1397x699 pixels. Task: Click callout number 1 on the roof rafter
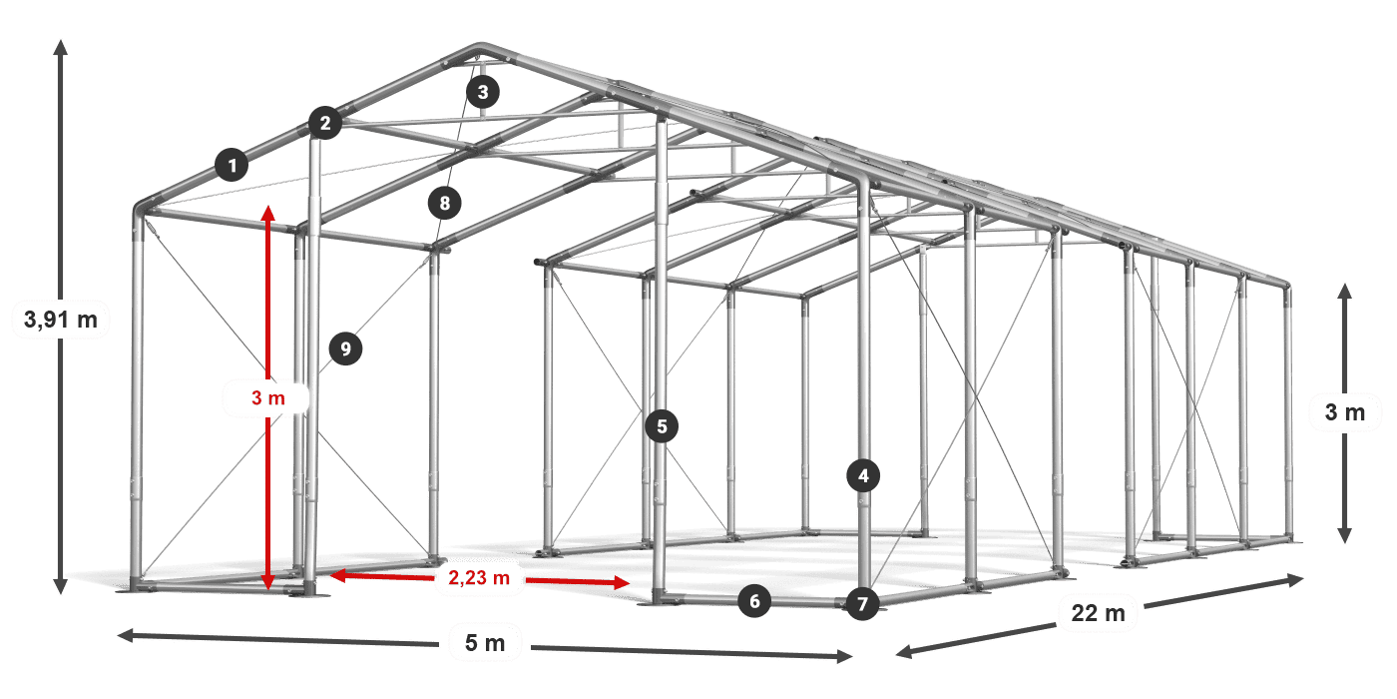232,165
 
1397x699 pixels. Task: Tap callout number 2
325,123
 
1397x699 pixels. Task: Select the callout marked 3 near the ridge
483,92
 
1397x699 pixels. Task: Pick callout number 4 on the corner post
863,475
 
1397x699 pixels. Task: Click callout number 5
662,426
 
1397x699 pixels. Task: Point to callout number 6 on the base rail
754,601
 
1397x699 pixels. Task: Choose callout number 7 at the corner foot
862,603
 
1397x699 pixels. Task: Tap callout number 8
445,203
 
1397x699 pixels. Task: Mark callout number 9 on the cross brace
345,349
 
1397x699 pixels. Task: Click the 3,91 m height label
61,320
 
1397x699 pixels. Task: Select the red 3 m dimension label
268,397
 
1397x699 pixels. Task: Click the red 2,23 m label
479,578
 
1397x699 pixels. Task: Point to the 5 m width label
485,642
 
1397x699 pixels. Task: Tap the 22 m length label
1099,613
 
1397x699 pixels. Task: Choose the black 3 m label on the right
1345,411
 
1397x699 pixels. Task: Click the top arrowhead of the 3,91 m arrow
61,48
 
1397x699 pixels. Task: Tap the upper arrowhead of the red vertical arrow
268,213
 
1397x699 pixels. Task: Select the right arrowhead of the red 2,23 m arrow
622,583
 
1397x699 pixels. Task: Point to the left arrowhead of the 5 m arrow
126,635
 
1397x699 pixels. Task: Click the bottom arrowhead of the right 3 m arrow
1345,535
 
